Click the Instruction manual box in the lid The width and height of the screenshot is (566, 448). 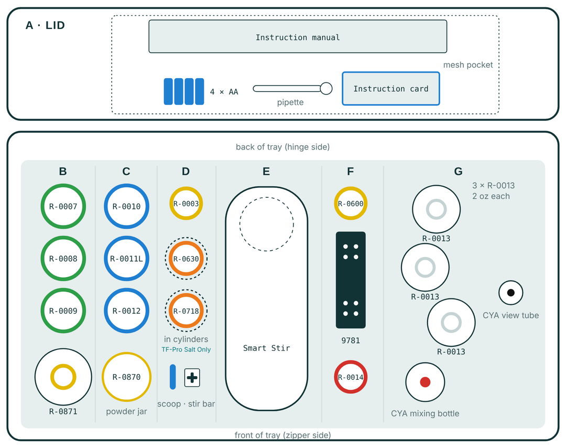(x=298, y=37)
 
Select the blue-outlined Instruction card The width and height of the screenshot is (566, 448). (x=391, y=89)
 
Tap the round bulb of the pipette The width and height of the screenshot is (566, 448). (x=326, y=89)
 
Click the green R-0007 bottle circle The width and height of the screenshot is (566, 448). (x=63, y=206)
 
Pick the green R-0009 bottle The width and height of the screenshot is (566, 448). (x=63, y=311)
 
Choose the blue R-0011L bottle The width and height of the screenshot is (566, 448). (x=126, y=259)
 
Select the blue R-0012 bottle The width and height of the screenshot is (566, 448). (x=126, y=311)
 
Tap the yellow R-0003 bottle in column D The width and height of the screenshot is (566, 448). (x=186, y=204)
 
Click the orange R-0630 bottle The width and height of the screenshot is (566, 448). (x=186, y=259)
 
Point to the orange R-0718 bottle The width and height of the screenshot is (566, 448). (x=186, y=311)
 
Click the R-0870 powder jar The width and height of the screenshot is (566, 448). (x=126, y=377)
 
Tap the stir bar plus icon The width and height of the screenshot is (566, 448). (x=192, y=378)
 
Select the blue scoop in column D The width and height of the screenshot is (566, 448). (x=173, y=377)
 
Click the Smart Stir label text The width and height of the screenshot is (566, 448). (x=266, y=348)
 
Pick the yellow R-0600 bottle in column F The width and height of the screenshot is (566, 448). (x=351, y=204)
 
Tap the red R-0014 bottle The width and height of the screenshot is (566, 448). (x=351, y=377)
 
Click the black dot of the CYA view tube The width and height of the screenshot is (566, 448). (x=511, y=293)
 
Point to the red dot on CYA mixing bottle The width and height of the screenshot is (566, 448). (x=425, y=382)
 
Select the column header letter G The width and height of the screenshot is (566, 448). (x=458, y=171)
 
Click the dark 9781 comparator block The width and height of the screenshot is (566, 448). (x=351, y=280)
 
